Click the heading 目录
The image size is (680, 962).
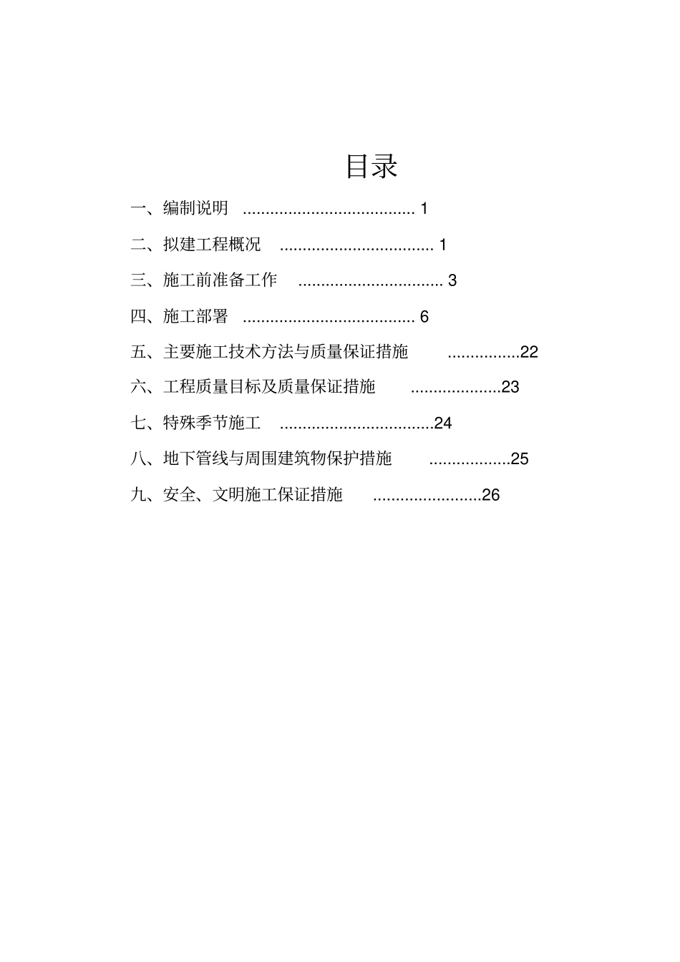pyautogui.click(x=371, y=166)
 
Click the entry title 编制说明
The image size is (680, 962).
pyautogui.click(x=195, y=208)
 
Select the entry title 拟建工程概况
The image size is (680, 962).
pyautogui.click(x=212, y=245)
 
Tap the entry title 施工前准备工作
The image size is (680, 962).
pyautogui.click(x=220, y=280)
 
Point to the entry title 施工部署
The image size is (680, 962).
pyautogui.click(x=195, y=316)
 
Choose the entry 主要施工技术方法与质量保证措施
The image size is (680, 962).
pyautogui.click(x=286, y=352)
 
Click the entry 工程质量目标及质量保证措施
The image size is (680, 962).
pyautogui.click(x=269, y=387)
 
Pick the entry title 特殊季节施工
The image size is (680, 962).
pyautogui.click(x=212, y=423)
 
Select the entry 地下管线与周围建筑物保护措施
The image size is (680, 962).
pyautogui.click(x=278, y=458)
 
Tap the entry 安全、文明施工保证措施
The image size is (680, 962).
pyautogui.click(x=253, y=494)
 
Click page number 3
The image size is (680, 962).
pyautogui.click(x=452, y=280)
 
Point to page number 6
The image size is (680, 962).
pyautogui.click(x=424, y=316)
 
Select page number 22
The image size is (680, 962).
pyautogui.click(x=529, y=352)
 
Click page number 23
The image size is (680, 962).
pyautogui.click(x=510, y=387)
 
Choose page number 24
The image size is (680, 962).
pyautogui.click(x=443, y=423)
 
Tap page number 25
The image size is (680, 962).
pyautogui.click(x=520, y=458)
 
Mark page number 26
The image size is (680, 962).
pyautogui.click(x=491, y=494)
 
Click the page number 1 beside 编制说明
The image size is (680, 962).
pyautogui.click(x=424, y=208)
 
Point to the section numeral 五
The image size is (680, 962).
pyautogui.click(x=138, y=352)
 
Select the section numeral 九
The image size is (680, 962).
pyautogui.click(x=138, y=494)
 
